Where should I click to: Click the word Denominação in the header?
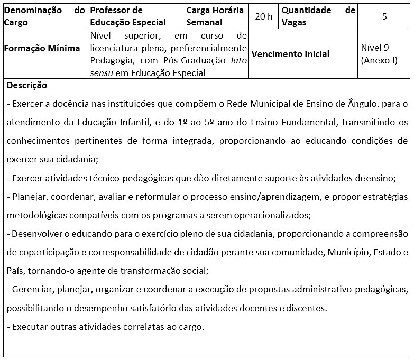coord(30,11)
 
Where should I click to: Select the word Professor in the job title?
coord(109,11)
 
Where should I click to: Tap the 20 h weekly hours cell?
coord(263,16)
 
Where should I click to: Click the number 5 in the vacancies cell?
coord(384,16)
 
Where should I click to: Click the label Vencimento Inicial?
coord(290,54)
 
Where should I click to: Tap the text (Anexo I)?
coord(379,60)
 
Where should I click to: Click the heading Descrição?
coord(27,85)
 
